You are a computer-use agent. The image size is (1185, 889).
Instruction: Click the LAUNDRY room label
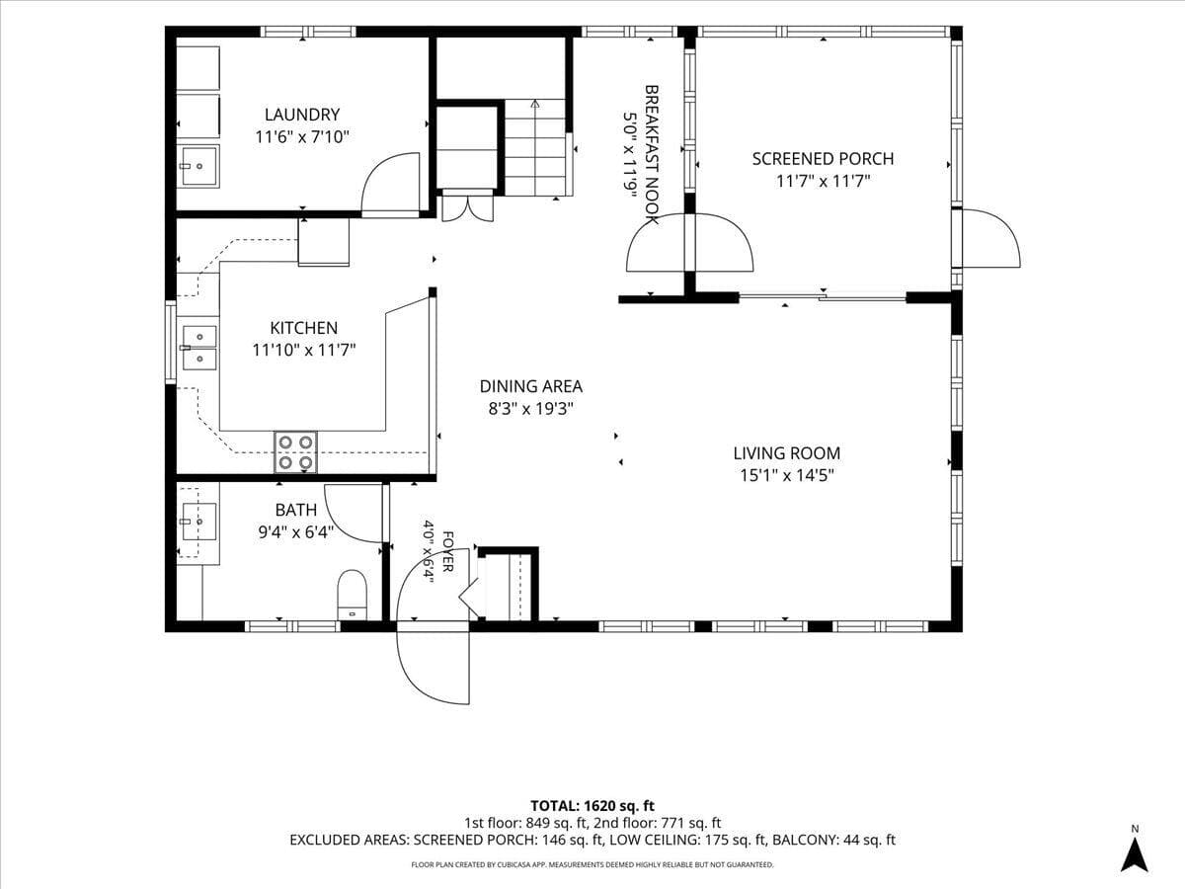pos(302,115)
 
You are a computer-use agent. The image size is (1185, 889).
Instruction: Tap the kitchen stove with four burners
pos(295,452)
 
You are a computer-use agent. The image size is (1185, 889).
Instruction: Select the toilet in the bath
pos(352,596)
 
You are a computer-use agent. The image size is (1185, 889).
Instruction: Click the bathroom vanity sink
pos(199,522)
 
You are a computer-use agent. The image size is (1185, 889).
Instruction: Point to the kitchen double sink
pos(199,348)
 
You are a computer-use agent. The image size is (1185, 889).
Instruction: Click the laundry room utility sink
pos(199,166)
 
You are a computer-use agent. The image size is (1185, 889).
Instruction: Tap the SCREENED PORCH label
pos(823,159)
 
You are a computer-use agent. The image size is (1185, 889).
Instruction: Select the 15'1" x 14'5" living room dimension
pos(787,475)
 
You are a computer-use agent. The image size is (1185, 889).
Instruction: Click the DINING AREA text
pos(530,386)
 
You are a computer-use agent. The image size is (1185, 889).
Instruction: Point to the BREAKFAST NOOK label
pos(652,154)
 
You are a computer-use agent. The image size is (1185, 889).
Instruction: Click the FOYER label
pos(448,551)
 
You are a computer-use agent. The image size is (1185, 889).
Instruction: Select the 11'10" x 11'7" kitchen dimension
pos(304,351)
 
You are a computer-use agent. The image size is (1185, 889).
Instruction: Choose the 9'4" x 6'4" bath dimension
pos(296,532)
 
